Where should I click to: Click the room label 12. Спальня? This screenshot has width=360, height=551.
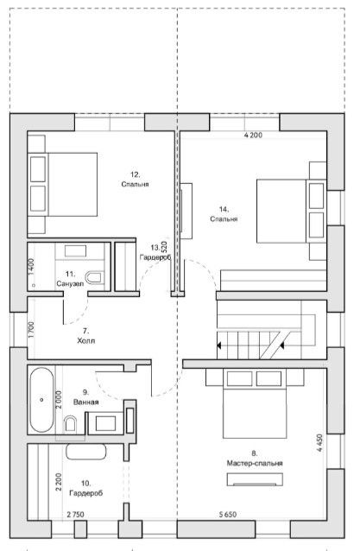pos(136,180)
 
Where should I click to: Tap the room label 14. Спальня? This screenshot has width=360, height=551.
pos(224,214)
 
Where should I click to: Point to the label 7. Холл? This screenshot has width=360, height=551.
pos(86,336)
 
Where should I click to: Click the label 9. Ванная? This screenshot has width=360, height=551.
pos(85,397)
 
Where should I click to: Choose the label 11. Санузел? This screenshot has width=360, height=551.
pos(70,279)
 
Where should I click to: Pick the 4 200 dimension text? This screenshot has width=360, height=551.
pos(253,135)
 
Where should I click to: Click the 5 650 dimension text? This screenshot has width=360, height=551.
pos(228,515)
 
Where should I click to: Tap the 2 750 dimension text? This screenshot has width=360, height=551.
pos(75,515)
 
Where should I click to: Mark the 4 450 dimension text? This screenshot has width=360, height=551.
pos(319,443)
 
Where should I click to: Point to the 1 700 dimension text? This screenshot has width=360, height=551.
pos(31,330)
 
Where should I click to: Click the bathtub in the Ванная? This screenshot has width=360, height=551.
pos(41,400)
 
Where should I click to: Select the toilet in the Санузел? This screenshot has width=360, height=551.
pos(95,277)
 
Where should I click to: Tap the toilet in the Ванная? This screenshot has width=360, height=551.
pos(71,424)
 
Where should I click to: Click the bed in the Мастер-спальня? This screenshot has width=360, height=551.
pos(255,403)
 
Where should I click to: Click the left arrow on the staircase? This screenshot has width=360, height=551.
pos(218,345)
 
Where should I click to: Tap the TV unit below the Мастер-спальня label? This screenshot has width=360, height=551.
pos(255,479)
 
